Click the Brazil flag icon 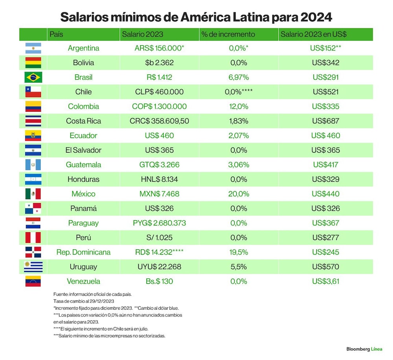33,77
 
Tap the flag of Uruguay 33,267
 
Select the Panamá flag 33,209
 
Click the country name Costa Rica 83,121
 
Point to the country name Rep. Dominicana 83,252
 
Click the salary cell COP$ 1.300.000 160,107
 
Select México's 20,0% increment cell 239,194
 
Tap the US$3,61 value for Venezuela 325,281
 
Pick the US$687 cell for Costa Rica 325,121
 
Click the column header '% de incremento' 228,34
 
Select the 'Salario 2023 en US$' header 314,34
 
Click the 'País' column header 56,34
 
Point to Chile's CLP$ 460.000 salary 160,92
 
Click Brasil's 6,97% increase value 239,77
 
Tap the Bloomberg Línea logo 364,349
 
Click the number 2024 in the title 316,17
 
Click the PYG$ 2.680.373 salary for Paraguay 160,223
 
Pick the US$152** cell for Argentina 325,48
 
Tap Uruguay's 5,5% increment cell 239,267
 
